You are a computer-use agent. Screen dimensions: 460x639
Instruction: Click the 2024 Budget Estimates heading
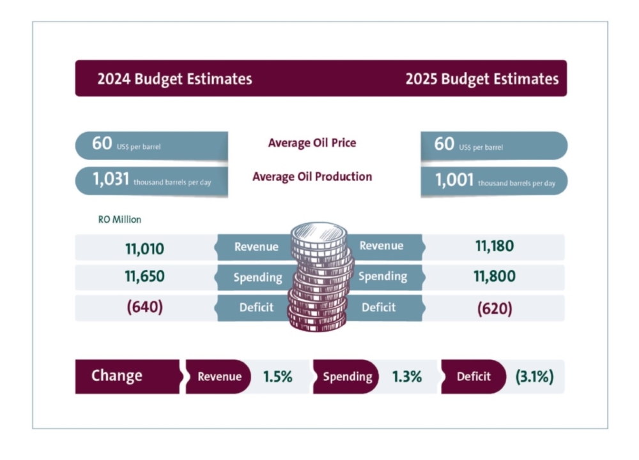(174, 79)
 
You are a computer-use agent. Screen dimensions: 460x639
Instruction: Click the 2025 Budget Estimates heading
(482, 79)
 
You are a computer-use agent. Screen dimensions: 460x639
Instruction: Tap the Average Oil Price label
(312, 143)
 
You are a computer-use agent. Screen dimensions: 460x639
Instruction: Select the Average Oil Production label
(312, 177)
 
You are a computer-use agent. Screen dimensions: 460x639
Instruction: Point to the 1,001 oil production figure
(454, 181)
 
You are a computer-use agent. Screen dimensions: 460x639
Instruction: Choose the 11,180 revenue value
(494, 246)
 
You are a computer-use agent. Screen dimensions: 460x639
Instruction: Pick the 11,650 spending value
(144, 277)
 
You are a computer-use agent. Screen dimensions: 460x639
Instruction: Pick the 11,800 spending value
(494, 277)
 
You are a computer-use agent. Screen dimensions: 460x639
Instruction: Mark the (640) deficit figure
(145, 307)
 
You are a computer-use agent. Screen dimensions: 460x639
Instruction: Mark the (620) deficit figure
(494, 308)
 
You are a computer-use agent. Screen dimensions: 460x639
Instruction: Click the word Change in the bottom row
(117, 375)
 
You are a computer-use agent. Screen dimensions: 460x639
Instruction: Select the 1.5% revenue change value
(277, 376)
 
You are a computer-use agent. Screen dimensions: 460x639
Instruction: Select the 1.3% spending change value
(407, 376)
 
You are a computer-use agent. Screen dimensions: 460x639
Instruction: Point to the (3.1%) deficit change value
(534, 376)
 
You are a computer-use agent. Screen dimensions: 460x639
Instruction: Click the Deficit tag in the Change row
(473, 376)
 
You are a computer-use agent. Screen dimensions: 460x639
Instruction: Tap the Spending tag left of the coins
(258, 278)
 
